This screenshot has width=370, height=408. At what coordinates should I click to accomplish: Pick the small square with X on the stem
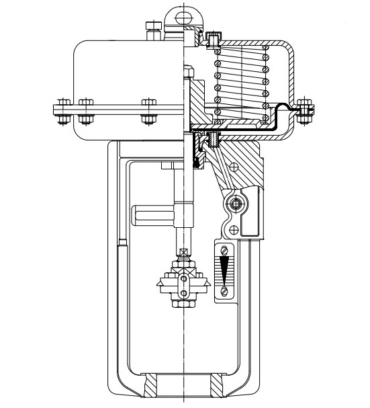click(x=183, y=253)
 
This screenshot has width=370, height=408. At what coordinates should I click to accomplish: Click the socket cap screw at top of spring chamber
click(x=214, y=40)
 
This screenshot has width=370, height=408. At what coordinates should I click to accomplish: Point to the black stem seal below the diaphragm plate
click(x=197, y=157)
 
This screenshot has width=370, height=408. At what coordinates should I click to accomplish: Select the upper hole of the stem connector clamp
click(x=183, y=278)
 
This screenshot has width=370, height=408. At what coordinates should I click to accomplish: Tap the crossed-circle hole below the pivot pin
click(x=233, y=230)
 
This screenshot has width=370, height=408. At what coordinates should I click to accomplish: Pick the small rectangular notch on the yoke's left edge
click(x=122, y=240)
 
